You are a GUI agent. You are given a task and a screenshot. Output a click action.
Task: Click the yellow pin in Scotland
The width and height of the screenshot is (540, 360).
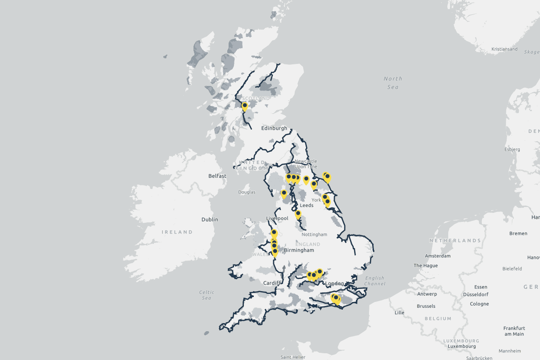tap(245, 106)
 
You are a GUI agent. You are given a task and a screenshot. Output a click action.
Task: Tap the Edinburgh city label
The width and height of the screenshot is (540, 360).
tap(274, 128)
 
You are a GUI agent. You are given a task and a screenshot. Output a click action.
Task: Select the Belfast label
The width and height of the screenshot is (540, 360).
tap(217, 176)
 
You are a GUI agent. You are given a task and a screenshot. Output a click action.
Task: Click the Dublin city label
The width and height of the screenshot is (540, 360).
tap(210, 220)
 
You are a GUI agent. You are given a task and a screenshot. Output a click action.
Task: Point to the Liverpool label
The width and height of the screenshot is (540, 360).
tap(277, 218)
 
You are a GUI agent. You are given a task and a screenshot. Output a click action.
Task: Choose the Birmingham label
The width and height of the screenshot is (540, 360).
tap(299, 250)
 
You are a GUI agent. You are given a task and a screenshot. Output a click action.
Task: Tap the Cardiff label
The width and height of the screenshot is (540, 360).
tap(272, 283)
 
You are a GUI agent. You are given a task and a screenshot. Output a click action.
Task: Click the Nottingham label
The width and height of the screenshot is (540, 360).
tap(314, 234)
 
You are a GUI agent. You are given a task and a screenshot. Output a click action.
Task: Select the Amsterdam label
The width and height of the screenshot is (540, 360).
tap(438, 256)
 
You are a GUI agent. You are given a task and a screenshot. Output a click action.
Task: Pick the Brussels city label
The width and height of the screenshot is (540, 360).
tap(426, 306)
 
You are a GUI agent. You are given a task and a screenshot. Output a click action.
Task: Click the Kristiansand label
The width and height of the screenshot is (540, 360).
tap(504, 49)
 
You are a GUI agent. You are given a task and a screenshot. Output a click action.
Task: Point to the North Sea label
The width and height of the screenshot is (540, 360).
tap(393, 82)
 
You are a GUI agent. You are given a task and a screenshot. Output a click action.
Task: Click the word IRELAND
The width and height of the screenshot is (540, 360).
tap(177, 232)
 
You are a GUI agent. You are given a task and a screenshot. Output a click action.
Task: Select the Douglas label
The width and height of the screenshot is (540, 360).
tap(247, 192)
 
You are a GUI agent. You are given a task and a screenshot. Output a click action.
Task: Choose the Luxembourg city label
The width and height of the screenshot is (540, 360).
tap(462, 346)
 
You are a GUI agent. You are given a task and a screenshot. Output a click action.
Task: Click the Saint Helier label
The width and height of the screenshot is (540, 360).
tap(292, 357)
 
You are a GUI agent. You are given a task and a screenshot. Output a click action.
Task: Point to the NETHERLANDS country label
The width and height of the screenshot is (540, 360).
tap(455, 241)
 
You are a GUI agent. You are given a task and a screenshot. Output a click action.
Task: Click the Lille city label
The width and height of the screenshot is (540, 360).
tap(399, 312)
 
